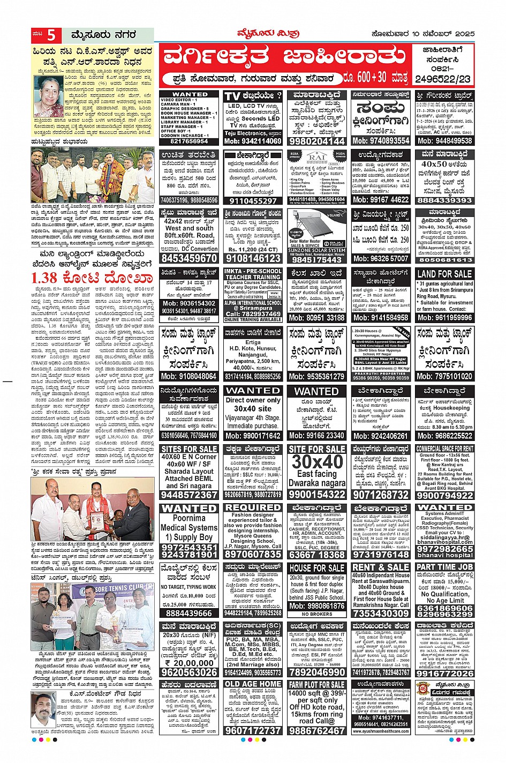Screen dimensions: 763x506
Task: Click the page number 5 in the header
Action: coord(51,35)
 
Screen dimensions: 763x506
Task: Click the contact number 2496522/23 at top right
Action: coord(443,79)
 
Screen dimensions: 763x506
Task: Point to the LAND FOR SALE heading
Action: coord(444,274)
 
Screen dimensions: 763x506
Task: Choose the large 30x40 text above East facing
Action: coord(316,461)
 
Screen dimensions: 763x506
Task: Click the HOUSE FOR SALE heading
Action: coord(316,568)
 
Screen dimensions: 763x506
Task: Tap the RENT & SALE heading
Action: coord(381,567)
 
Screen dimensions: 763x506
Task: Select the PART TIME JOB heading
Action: coord(444,567)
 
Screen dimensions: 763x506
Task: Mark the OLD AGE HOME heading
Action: coord(253,684)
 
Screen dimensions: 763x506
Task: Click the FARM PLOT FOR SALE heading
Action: coord(316,685)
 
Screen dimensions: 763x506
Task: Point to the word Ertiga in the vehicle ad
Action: coord(253,342)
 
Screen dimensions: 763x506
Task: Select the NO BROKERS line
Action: coord(316,614)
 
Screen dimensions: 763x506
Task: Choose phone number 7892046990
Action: coord(316,672)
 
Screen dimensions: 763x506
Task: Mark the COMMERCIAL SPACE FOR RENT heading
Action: coord(444,448)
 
